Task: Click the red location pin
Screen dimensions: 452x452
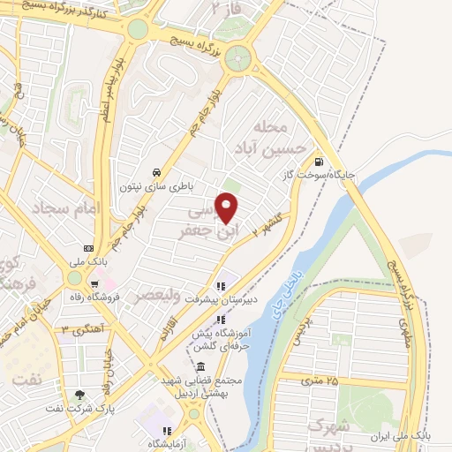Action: [x=228, y=207]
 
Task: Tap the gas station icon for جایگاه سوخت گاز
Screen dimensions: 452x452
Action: [x=319, y=162]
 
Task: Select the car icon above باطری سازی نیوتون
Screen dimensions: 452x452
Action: [x=155, y=171]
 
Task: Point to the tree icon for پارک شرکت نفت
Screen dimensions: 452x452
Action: [x=80, y=395]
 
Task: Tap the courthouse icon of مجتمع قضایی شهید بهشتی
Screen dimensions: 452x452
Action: [x=200, y=367]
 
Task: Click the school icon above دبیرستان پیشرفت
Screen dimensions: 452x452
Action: [x=221, y=286]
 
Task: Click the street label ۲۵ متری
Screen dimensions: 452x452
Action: [x=319, y=380]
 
